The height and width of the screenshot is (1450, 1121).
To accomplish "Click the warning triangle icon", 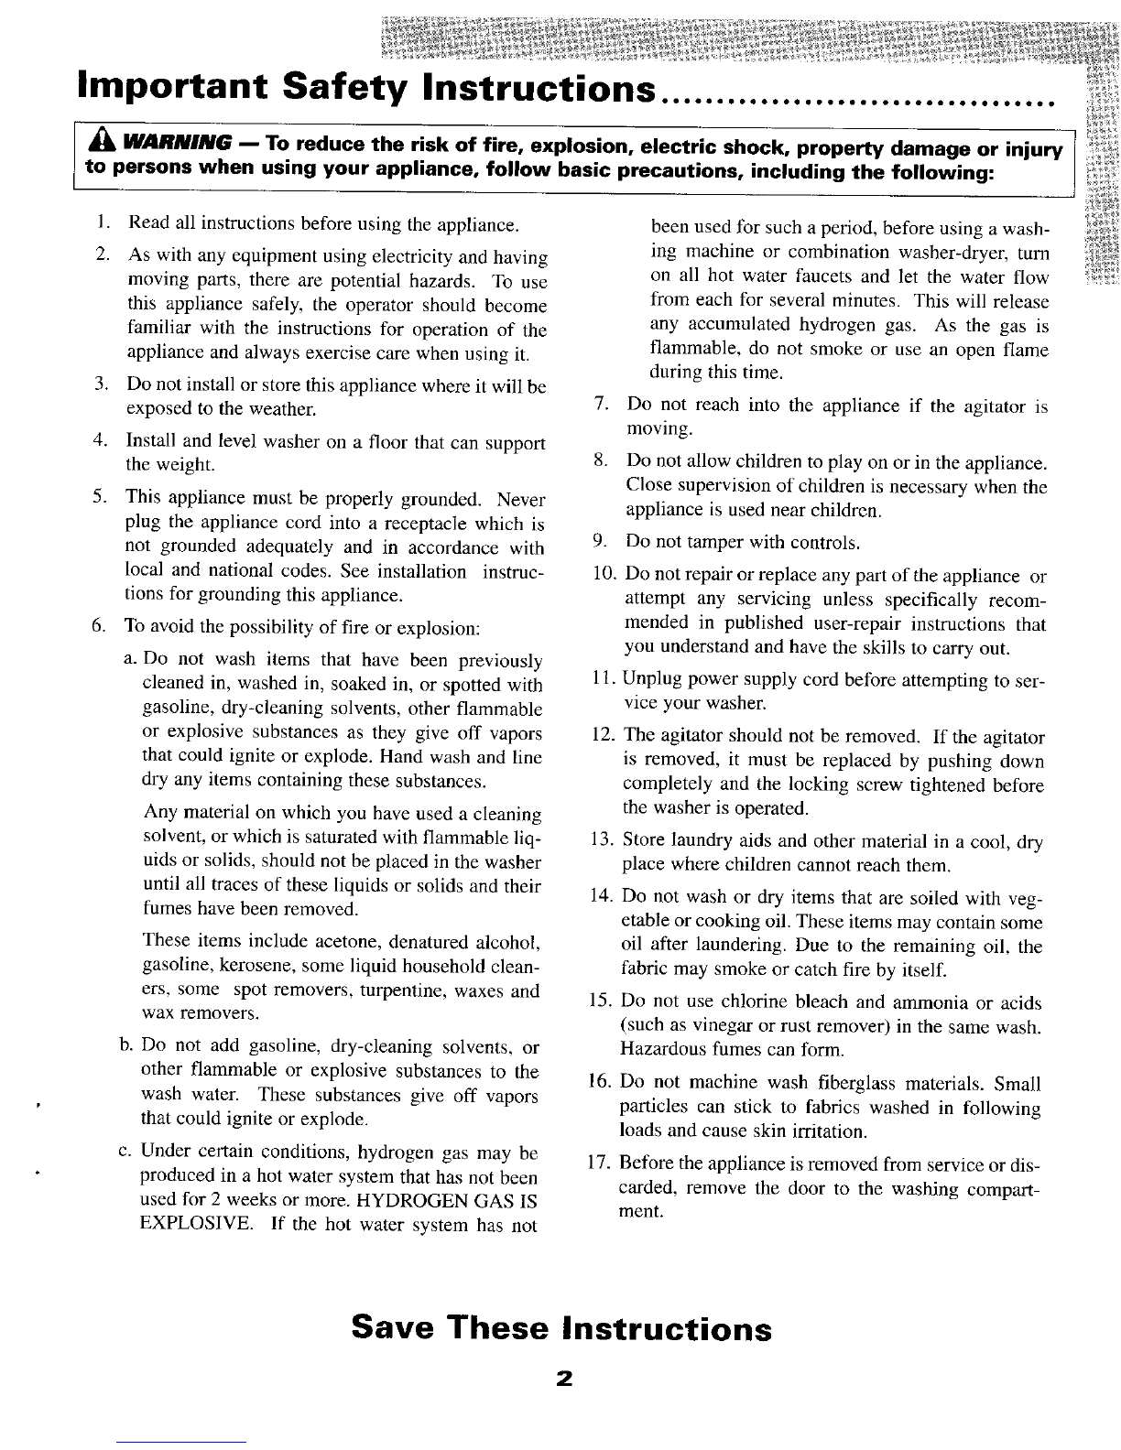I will tap(98, 145).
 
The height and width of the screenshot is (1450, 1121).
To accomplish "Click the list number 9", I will tap(602, 543).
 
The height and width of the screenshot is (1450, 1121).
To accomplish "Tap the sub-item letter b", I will tap(126, 1046).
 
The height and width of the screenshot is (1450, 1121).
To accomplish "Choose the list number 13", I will tap(602, 840).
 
